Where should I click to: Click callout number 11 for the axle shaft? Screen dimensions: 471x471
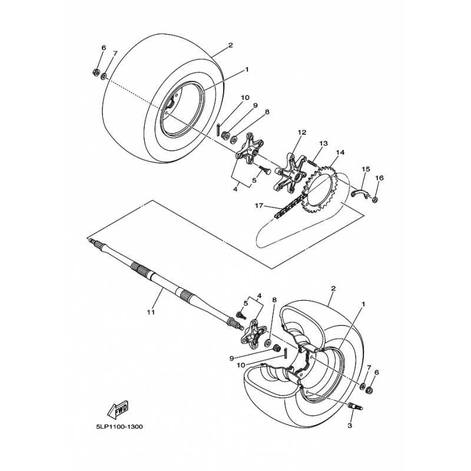click(151, 312)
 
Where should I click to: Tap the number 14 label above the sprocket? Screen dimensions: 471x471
click(340, 152)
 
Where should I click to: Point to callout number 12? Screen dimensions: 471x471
click(301, 133)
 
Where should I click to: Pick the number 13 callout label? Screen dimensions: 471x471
click(323, 143)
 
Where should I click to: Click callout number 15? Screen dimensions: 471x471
click(365, 170)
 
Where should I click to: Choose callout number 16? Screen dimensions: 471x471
click(379, 178)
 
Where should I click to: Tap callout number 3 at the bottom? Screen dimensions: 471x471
click(350, 424)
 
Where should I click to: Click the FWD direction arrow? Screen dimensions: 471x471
click(120, 407)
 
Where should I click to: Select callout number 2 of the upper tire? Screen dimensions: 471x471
click(230, 45)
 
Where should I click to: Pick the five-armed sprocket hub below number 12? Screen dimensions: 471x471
click(288, 173)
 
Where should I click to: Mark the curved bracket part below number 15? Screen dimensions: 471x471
click(360, 193)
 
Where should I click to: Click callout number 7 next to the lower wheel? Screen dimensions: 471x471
click(369, 368)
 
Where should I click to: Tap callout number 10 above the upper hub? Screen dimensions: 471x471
click(245, 98)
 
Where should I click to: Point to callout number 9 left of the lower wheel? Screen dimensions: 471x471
click(232, 357)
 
